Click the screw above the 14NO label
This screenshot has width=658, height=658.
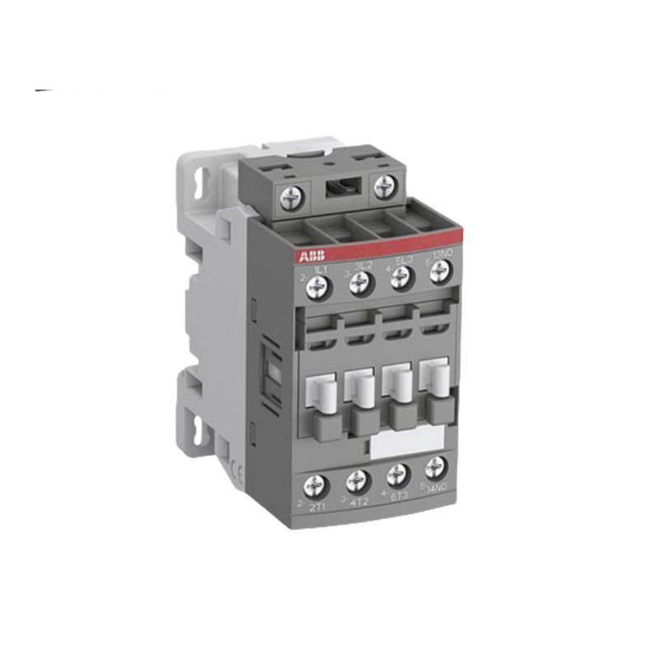[x=435, y=468]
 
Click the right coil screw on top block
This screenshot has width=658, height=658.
[x=384, y=187]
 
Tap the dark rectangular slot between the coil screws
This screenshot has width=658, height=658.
[x=337, y=188]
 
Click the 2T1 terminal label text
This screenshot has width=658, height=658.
[x=317, y=507]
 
